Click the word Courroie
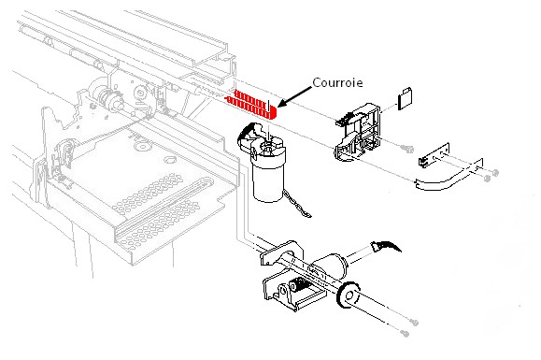(x=337, y=83)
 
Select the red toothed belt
(x=251, y=104)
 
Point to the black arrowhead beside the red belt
(x=283, y=103)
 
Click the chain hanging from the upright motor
(x=297, y=205)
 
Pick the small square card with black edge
(x=406, y=99)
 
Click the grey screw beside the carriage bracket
(x=407, y=149)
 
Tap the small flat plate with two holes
(x=434, y=155)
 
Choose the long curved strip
(x=448, y=179)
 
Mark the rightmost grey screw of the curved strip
(x=495, y=173)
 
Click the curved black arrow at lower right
(x=386, y=246)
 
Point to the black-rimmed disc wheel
(x=349, y=295)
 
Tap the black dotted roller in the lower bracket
(x=299, y=285)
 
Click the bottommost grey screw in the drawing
(x=405, y=334)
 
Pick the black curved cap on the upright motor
(x=247, y=134)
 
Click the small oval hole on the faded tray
(x=169, y=160)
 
